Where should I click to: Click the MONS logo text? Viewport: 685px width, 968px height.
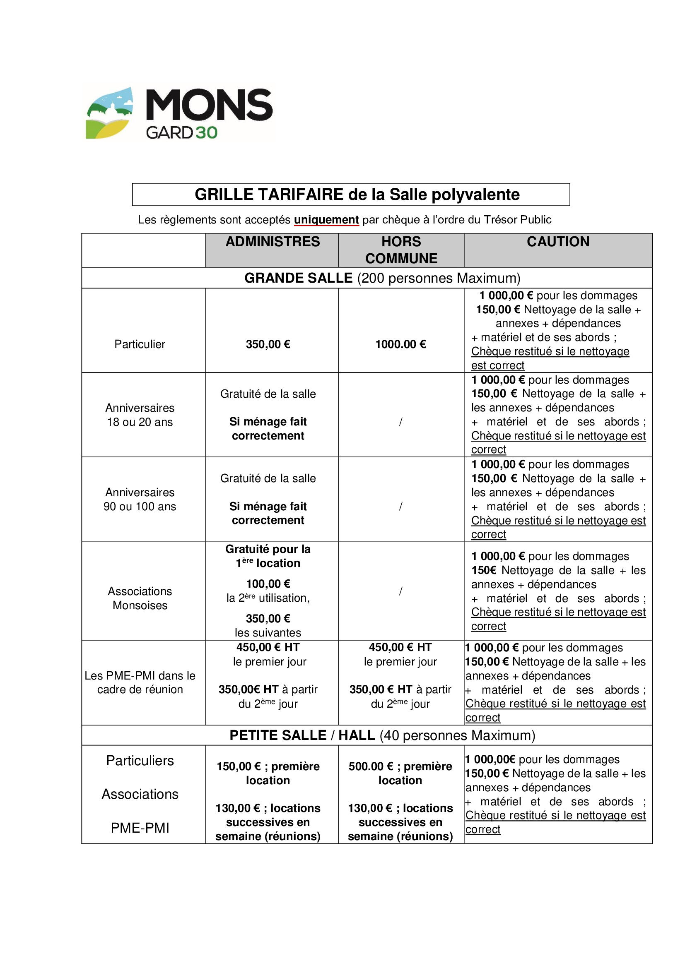[209, 105]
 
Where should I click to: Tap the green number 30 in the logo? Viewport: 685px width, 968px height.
[207, 133]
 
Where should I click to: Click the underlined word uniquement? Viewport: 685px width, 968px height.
[326, 220]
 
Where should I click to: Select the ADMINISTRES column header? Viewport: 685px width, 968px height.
[273, 242]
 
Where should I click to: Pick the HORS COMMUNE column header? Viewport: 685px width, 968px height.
[401, 250]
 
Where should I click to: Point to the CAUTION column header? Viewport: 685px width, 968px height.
[557, 242]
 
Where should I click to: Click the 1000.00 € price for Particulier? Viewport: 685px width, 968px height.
[400, 344]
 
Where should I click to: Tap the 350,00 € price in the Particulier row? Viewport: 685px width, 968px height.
[268, 344]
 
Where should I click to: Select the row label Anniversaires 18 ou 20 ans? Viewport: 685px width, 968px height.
[140, 415]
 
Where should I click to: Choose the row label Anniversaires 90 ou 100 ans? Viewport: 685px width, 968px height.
[140, 499]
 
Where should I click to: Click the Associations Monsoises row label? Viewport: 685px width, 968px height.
[140, 598]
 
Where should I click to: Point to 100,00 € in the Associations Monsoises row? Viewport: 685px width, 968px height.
[268, 584]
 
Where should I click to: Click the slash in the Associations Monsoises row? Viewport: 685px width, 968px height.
[400, 591]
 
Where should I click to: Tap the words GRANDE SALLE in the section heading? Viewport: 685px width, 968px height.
[298, 278]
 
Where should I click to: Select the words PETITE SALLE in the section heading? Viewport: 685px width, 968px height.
[277, 735]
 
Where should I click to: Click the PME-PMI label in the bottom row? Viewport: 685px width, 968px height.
[140, 828]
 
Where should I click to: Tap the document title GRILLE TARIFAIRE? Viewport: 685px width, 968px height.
[269, 195]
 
